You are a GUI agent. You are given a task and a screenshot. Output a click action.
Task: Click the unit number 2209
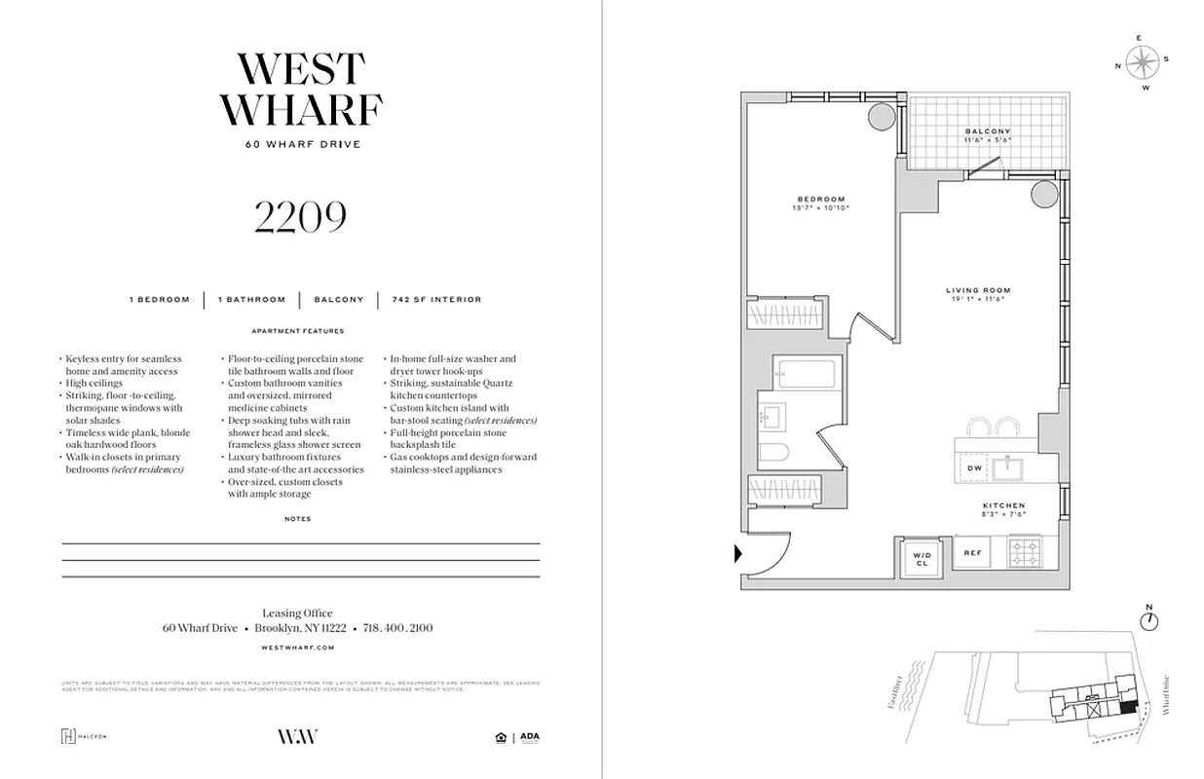[300, 218]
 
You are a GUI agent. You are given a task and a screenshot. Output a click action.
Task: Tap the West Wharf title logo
[301, 90]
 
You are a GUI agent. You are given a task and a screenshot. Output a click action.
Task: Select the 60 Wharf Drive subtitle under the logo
[301, 145]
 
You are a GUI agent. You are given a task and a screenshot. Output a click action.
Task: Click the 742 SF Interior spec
[436, 300]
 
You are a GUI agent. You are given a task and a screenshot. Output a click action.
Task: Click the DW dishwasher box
[974, 468]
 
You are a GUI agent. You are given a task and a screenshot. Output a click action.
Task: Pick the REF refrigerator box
[972, 553]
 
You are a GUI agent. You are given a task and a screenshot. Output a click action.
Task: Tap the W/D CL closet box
[922, 559]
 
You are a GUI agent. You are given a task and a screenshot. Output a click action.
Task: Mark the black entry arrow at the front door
[737, 554]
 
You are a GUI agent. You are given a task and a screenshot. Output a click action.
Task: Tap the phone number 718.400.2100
[397, 629]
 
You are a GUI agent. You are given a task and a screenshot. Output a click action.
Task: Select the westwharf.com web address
[298, 647]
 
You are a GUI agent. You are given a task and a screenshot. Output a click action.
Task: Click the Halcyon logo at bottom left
[84, 736]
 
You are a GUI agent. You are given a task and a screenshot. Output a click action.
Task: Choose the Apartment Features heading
[298, 331]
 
